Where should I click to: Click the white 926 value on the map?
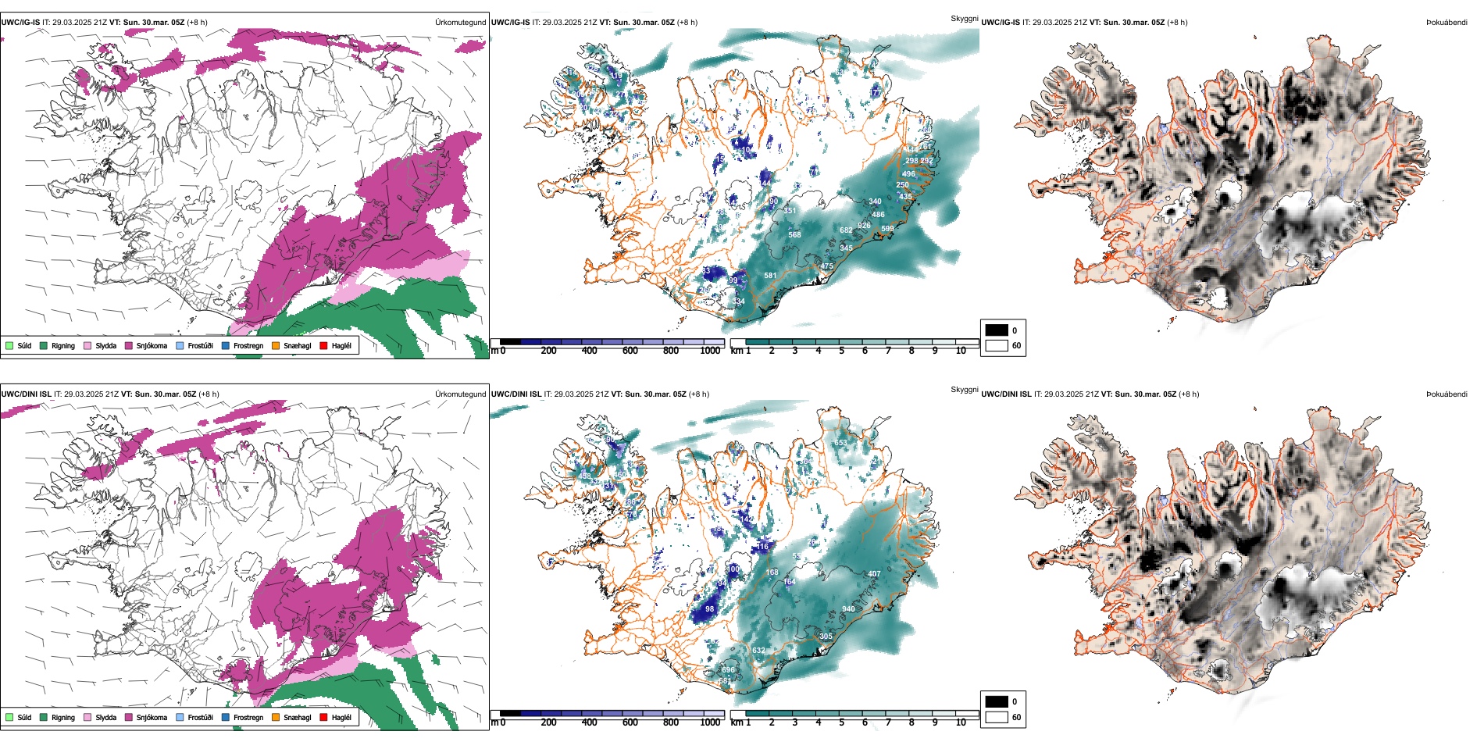[x=864, y=226]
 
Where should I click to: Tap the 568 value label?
[x=794, y=235]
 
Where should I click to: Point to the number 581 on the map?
[x=770, y=276]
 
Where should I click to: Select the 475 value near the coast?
[x=826, y=266]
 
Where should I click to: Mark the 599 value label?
[x=887, y=229]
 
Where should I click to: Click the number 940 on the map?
[x=848, y=609]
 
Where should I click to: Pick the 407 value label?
[x=874, y=574]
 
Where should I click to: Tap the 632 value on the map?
[x=758, y=651]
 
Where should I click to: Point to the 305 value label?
[x=826, y=637]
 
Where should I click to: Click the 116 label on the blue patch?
[x=763, y=547]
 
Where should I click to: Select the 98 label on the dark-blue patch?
[x=709, y=609]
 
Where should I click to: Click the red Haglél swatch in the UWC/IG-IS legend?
[x=323, y=345]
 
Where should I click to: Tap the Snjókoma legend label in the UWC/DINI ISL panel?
[x=152, y=718]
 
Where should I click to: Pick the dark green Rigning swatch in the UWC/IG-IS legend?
[x=44, y=345]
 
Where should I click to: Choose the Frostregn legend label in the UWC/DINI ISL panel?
[x=248, y=718]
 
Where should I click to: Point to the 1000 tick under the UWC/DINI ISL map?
[x=710, y=722]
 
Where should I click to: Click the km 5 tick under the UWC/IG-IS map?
[x=842, y=351]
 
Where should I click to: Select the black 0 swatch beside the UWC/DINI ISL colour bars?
[x=996, y=701]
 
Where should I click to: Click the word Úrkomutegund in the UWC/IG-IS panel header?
[x=460, y=23]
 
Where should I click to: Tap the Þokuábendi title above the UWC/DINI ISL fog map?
[x=1447, y=394]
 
